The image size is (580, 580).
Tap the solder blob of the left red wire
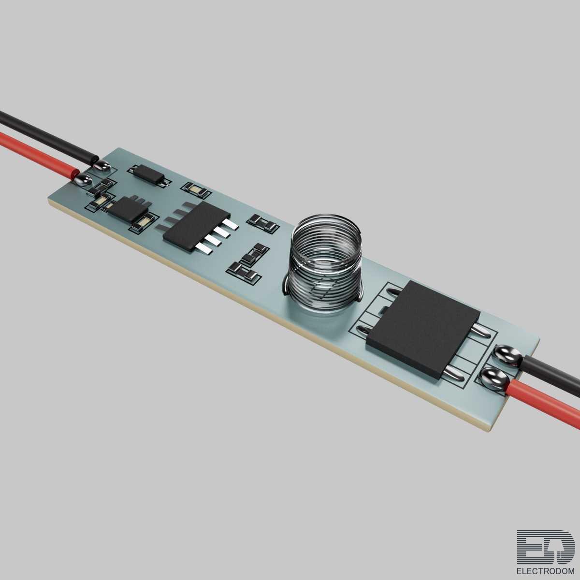click(x=83, y=180)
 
